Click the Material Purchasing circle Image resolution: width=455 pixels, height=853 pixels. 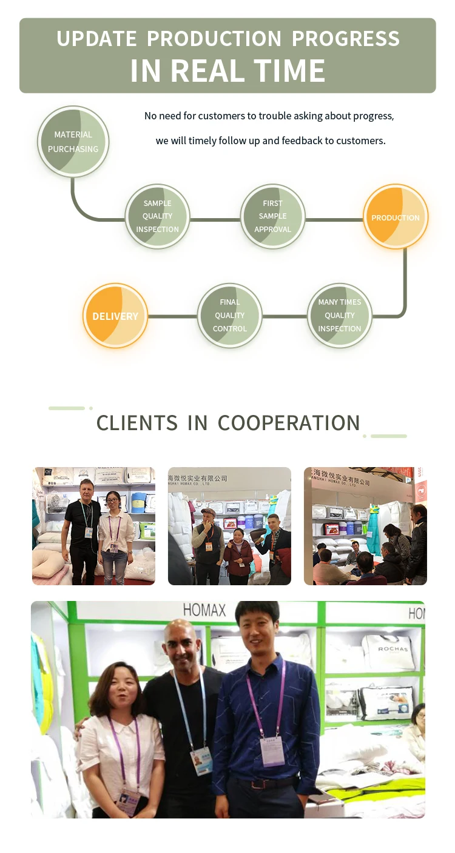[x=73, y=142]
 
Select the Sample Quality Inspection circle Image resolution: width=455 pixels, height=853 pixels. [x=157, y=216]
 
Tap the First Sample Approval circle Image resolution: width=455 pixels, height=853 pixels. [x=272, y=216]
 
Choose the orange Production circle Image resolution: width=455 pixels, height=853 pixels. [x=396, y=217]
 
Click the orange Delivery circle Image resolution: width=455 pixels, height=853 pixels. [x=115, y=316]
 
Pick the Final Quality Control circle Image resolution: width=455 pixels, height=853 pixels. [x=229, y=316]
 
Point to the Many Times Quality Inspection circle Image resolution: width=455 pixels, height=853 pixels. [x=339, y=316]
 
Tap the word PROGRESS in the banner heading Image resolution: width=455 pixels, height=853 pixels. [x=346, y=39]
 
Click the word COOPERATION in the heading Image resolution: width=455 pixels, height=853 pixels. [x=289, y=423]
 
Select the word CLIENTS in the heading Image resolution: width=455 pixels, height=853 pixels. [x=137, y=423]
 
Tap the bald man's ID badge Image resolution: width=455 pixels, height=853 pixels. [x=201, y=760]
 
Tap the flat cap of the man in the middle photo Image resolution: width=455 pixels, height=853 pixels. [x=209, y=513]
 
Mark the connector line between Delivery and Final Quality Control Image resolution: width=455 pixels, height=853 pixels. [x=172, y=316]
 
